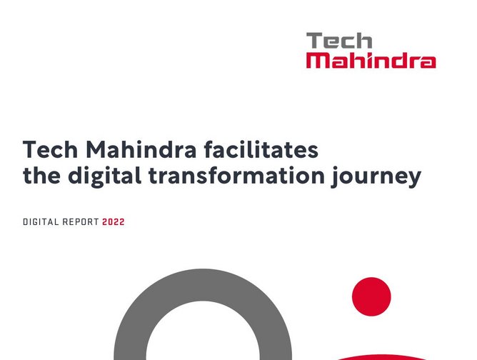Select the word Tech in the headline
point(51,151)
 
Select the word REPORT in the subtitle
point(80,222)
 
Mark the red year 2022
point(114,222)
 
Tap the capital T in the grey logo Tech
point(313,41)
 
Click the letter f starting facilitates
point(210,151)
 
